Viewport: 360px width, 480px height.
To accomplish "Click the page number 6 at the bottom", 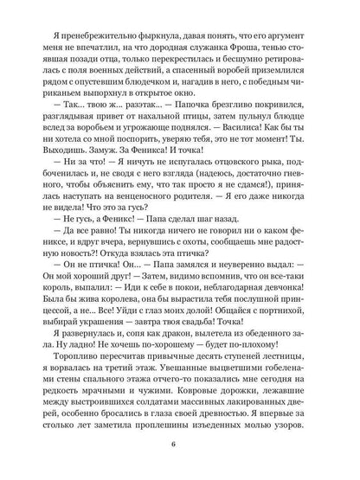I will [x=180, y=446].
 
